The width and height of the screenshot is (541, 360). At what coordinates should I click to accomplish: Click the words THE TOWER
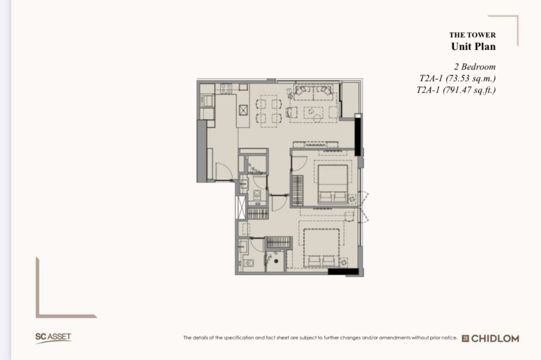click(x=472, y=35)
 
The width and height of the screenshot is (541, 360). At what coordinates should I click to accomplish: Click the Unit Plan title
click(x=473, y=46)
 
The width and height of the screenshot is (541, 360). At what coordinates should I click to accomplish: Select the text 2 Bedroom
click(x=474, y=66)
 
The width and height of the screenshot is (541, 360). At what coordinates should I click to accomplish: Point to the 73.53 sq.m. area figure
click(x=471, y=78)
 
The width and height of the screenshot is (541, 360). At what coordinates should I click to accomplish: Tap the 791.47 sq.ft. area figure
click(x=469, y=90)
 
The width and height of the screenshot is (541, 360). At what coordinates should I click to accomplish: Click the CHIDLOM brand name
click(x=495, y=338)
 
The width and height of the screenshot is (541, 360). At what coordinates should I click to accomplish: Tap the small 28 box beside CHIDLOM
click(x=465, y=338)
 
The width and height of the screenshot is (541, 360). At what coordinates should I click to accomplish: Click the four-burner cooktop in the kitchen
click(x=226, y=88)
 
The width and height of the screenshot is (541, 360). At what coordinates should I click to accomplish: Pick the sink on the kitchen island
click(x=243, y=110)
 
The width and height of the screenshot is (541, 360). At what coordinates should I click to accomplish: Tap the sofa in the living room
click(x=313, y=92)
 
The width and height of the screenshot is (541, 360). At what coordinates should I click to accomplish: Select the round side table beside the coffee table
click(x=318, y=118)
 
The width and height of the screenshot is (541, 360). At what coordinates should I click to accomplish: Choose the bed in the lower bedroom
click(x=321, y=248)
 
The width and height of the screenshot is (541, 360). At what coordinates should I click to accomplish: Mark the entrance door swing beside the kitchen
click(x=222, y=171)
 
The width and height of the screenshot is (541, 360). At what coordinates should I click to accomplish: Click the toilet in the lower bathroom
click(x=249, y=263)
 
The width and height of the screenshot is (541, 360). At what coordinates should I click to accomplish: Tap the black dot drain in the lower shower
click(x=276, y=261)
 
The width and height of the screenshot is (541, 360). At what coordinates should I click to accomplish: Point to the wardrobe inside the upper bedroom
click(x=298, y=191)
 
